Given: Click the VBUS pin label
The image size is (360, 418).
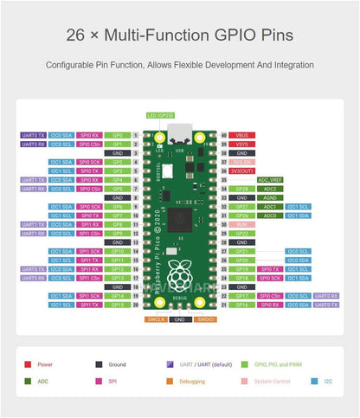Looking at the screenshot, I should tap(241, 136).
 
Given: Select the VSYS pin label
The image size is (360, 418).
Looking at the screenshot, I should tap(241, 145).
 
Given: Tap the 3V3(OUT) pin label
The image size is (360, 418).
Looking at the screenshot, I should tap(241, 170).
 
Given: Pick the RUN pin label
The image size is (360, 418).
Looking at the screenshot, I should tap(241, 224).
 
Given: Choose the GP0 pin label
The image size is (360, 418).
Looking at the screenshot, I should tap(118, 136).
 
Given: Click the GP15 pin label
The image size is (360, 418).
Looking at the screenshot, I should tap(118, 304).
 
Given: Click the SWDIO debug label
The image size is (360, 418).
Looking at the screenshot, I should tap(205, 319).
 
